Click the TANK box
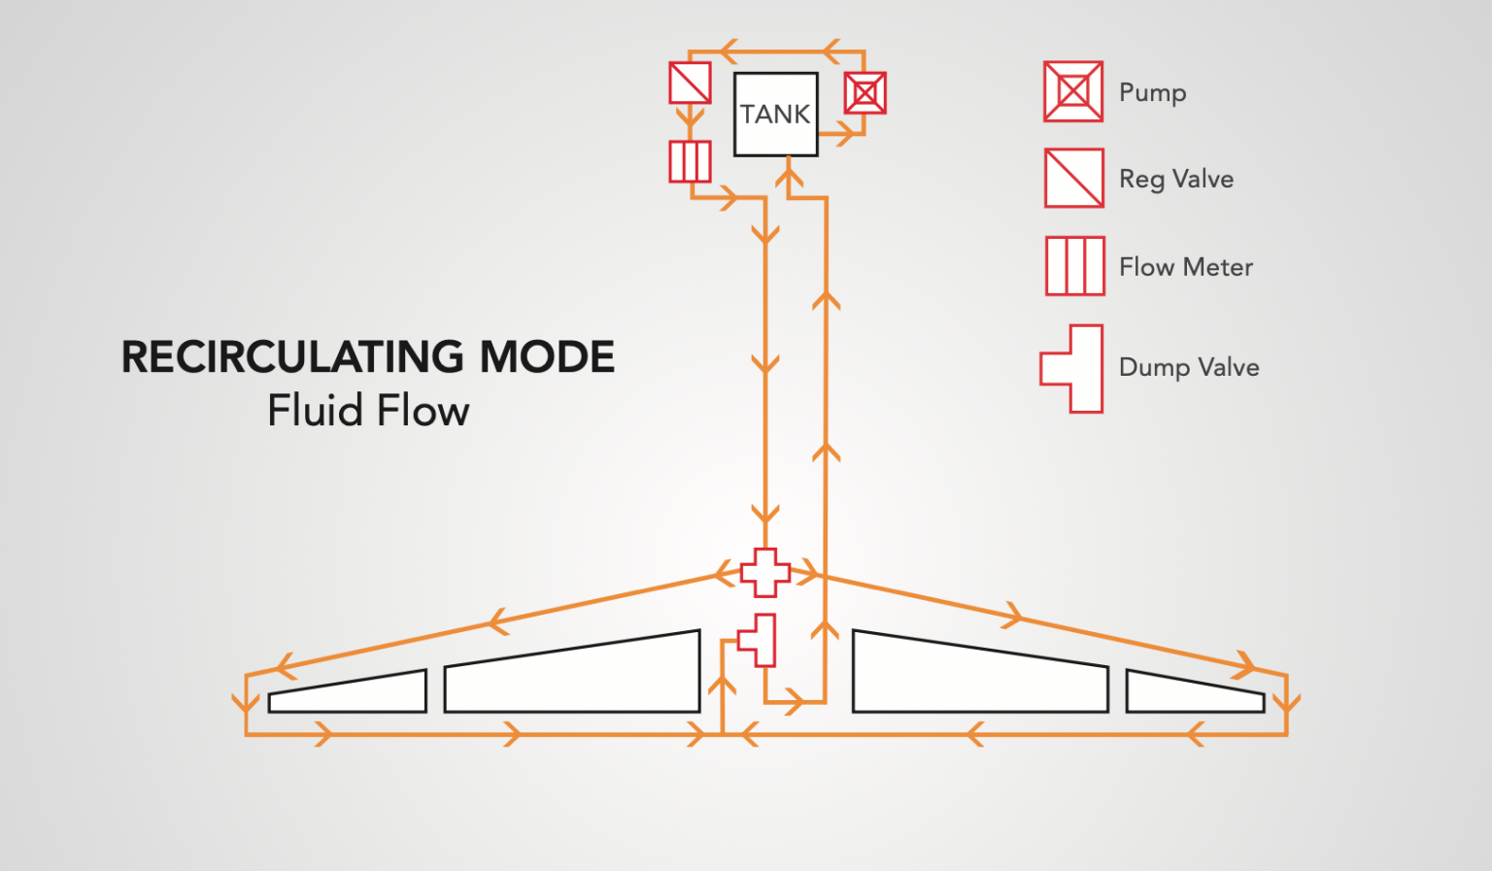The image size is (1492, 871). tap(775, 114)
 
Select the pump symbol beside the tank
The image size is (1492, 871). tap(865, 93)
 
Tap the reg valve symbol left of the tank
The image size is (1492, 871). tap(690, 83)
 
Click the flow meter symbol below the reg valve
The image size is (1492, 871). tap(690, 161)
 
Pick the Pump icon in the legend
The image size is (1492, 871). tap(1073, 91)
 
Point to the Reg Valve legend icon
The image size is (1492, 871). tap(1073, 178)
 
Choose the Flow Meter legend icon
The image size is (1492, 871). tap(1074, 265)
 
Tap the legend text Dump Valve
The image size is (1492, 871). tap(1189, 367)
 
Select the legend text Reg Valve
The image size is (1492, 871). tap(1176, 179)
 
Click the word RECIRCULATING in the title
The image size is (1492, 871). tap(292, 357)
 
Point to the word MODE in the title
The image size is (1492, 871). tap(548, 357)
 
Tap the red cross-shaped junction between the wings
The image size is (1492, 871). tap(765, 572)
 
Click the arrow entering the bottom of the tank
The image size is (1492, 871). tap(789, 178)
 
